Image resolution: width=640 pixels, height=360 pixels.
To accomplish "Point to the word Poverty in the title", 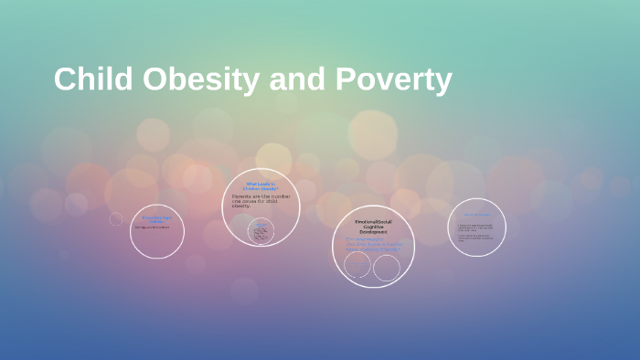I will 394,80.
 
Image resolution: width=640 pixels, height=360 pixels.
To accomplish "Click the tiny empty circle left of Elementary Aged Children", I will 116,218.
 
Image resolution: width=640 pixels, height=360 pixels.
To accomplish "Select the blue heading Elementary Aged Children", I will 156,218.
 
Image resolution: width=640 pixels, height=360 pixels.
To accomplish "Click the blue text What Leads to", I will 261,184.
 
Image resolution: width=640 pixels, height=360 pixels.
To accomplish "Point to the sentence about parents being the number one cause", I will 261,200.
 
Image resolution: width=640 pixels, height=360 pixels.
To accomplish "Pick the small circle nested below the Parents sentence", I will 261,231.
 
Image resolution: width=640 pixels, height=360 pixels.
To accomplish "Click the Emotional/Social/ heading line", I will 373,222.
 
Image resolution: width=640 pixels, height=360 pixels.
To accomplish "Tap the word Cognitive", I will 373,228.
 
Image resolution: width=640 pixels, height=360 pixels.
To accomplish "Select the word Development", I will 373,233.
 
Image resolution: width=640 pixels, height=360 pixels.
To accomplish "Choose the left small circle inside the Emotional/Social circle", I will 357,266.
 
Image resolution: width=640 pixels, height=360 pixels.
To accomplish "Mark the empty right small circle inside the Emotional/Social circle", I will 387,268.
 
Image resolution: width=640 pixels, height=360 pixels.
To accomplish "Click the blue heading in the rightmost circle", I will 476,216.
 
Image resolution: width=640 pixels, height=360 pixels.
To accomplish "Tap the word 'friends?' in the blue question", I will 392,248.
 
